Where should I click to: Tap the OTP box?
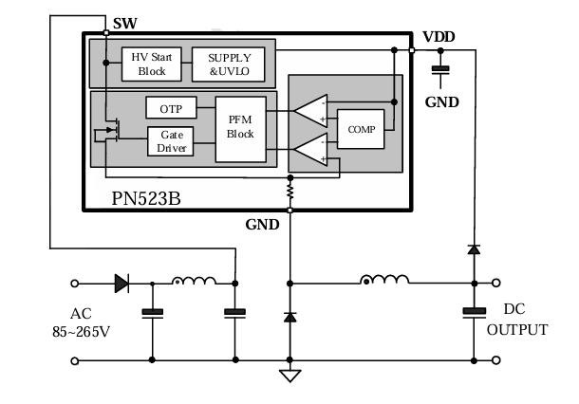171,109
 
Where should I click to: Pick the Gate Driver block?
171,141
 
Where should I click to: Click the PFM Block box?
240,127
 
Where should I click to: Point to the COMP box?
361,128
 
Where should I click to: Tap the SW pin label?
123,22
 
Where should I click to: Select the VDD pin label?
439,36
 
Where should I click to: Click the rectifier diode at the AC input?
121,282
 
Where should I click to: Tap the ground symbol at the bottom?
289,374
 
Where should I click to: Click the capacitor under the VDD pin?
439,68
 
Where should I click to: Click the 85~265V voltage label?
83,332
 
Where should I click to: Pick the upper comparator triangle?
310,110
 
